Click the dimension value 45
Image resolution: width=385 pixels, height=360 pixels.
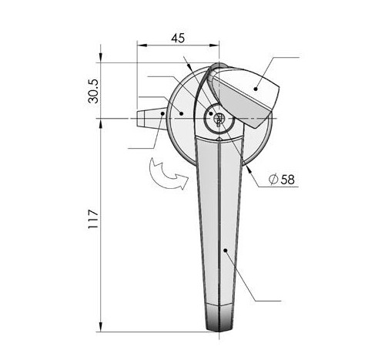(x=178, y=38)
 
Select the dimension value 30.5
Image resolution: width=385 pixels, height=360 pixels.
(x=93, y=91)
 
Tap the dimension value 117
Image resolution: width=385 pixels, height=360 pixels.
(x=93, y=219)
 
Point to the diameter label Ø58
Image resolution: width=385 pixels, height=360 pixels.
(x=282, y=179)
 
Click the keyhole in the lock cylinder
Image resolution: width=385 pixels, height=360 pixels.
(x=219, y=119)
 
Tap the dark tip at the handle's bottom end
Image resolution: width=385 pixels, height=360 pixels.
(x=219, y=318)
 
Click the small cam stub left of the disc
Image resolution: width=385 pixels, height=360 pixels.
(x=152, y=118)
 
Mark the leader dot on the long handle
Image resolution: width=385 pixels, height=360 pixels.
(x=226, y=250)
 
